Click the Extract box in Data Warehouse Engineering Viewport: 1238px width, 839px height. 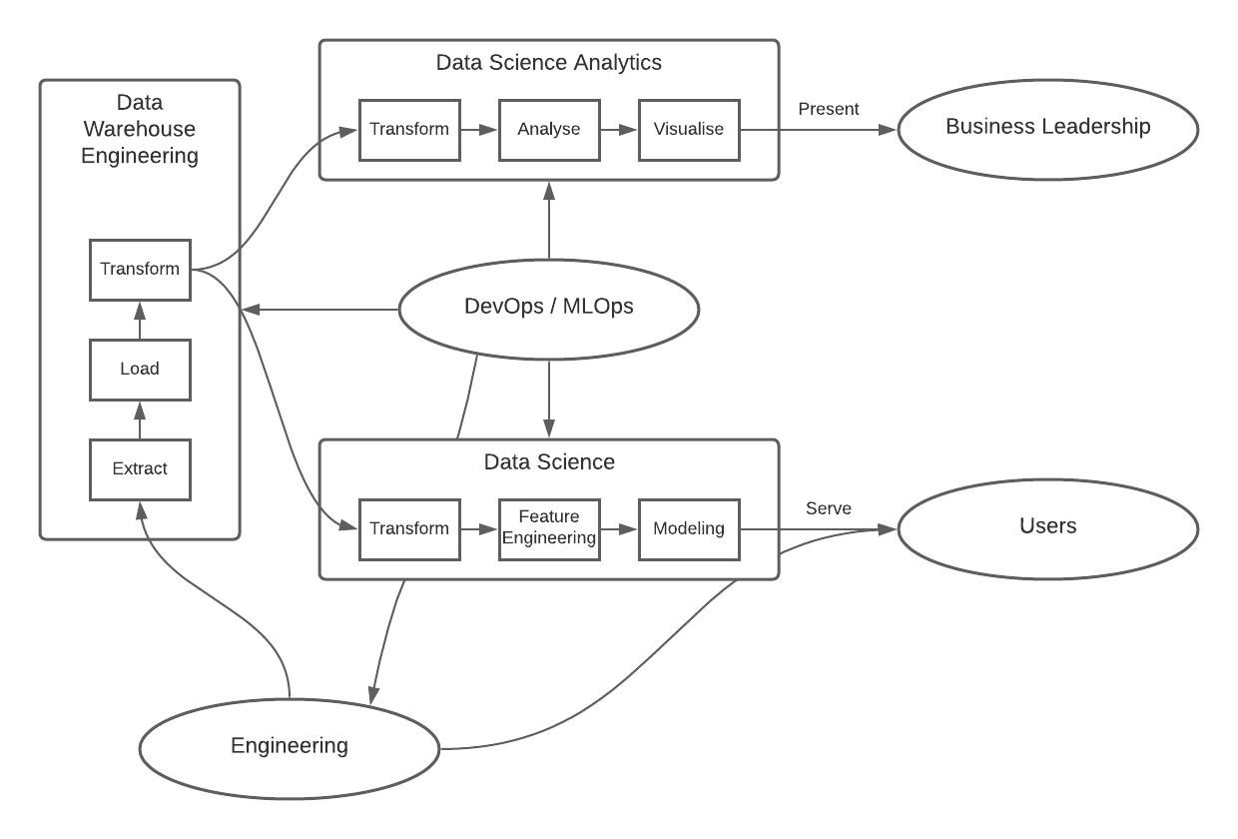[140, 468]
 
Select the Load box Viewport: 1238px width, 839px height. [140, 369]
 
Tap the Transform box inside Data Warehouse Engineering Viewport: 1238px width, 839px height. [140, 269]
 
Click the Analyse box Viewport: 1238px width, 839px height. [548, 129]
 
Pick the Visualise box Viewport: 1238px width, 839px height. [688, 129]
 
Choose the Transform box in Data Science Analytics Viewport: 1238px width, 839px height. [409, 129]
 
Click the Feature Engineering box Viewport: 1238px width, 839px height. [548, 528]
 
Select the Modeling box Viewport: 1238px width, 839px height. [688, 528]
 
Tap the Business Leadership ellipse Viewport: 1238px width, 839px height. [1047, 128]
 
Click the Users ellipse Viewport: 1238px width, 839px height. [1047, 527]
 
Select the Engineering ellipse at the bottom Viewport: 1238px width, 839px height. [290, 746]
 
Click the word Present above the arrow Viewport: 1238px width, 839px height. [829, 109]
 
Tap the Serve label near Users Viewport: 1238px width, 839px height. [829, 508]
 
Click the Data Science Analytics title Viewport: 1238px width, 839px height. [548, 63]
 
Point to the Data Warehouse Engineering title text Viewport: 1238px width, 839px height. [140, 129]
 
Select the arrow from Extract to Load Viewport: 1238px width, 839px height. [140, 419]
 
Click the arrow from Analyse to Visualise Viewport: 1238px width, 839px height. [619, 129]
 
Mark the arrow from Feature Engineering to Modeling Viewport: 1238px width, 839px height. [619, 528]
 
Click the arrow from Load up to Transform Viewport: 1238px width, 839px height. [140, 320]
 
